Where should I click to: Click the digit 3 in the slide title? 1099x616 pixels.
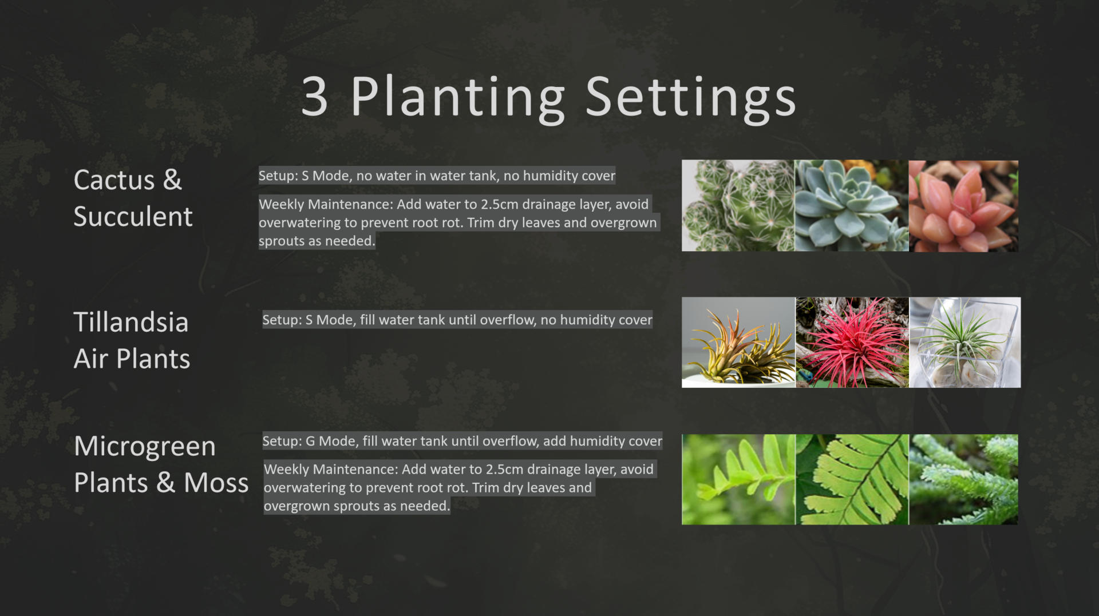[x=315, y=96]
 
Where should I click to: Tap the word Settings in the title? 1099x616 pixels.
[x=691, y=98]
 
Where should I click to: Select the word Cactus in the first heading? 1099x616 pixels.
[x=114, y=180]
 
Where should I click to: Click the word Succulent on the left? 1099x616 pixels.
[x=133, y=217]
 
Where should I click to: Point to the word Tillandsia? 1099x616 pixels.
[x=131, y=322]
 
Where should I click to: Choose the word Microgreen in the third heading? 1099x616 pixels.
[x=145, y=447]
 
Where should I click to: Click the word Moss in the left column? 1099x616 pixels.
[x=216, y=483]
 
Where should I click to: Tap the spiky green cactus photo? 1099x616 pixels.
[x=738, y=205]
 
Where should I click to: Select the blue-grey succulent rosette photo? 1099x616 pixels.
[x=852, y=205]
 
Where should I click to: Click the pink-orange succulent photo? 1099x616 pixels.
[x=963, y=205]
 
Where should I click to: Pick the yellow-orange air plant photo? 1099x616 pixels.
[x=738, y=342]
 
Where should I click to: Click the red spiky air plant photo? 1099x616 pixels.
[x=852, y=342]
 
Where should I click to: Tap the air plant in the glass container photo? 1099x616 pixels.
[x=964, y=342]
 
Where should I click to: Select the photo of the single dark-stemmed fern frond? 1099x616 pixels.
[x=852, y=479]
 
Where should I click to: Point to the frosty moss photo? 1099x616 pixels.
[x=963, y=479]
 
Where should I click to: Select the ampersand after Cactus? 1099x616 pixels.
[x=172, y=180]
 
